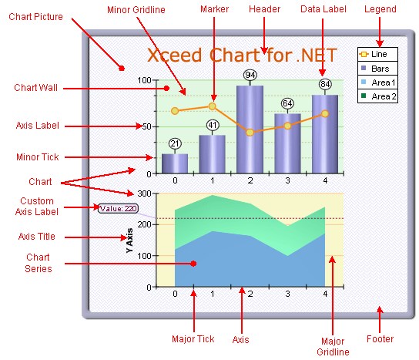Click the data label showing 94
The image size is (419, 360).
pos(250,75)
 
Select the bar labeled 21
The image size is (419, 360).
pos(175,163)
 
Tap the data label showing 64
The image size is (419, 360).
pos(287,103)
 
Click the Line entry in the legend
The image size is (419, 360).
pos(377,55)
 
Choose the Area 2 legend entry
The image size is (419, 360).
pos(377,96)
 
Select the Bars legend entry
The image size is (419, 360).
pos(377,69)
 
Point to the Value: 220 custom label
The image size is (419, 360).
pos(119,208)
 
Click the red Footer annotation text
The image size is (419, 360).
pos(380,338)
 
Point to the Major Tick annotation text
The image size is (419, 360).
pos(194,338)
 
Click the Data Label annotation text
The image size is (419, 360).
pos(322,9)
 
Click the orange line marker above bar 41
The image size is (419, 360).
pos(213,106)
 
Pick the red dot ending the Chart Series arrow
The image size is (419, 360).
pos(194,264)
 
